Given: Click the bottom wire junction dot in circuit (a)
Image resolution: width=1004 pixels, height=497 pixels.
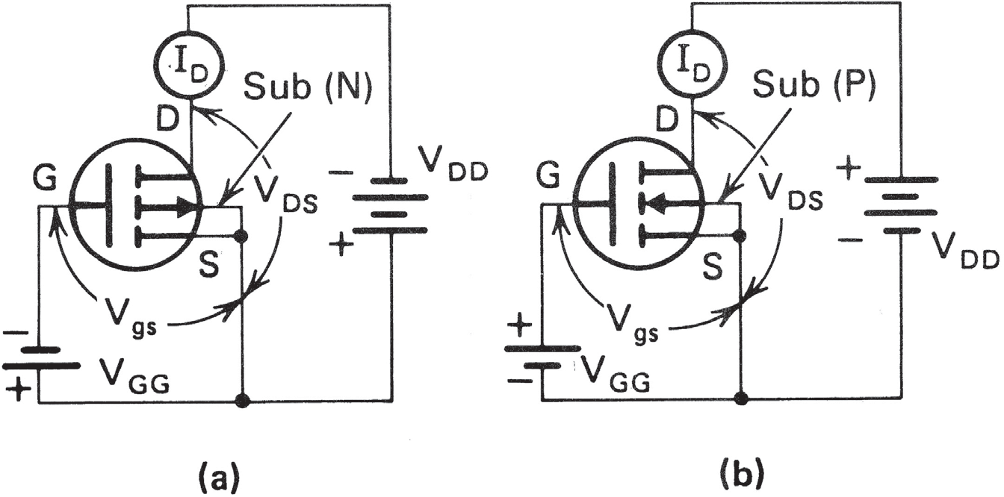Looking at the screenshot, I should coord(241,401).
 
